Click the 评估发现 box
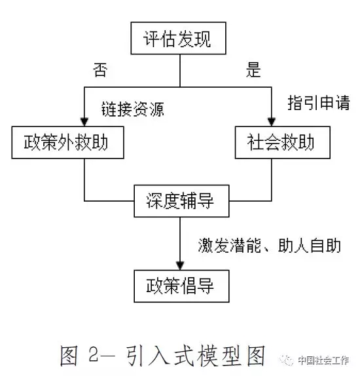[178, 38]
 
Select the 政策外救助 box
[68, 142]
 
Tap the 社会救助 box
[283, 142]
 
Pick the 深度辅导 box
[181, 201]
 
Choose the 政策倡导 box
[181, 286]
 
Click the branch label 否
[100, 70]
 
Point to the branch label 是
[253, 70]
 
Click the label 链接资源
[132, 109]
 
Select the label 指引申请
[319, 103]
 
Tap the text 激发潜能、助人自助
[270, 245]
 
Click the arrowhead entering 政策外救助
[84, 122]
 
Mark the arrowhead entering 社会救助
[272, 122]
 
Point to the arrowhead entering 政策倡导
[180, 266]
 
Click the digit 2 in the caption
[94, 354]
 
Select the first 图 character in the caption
[69, 356]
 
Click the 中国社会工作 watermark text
[323, 360]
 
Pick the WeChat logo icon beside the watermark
[287, 360]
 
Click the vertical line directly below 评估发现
[180, 71]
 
